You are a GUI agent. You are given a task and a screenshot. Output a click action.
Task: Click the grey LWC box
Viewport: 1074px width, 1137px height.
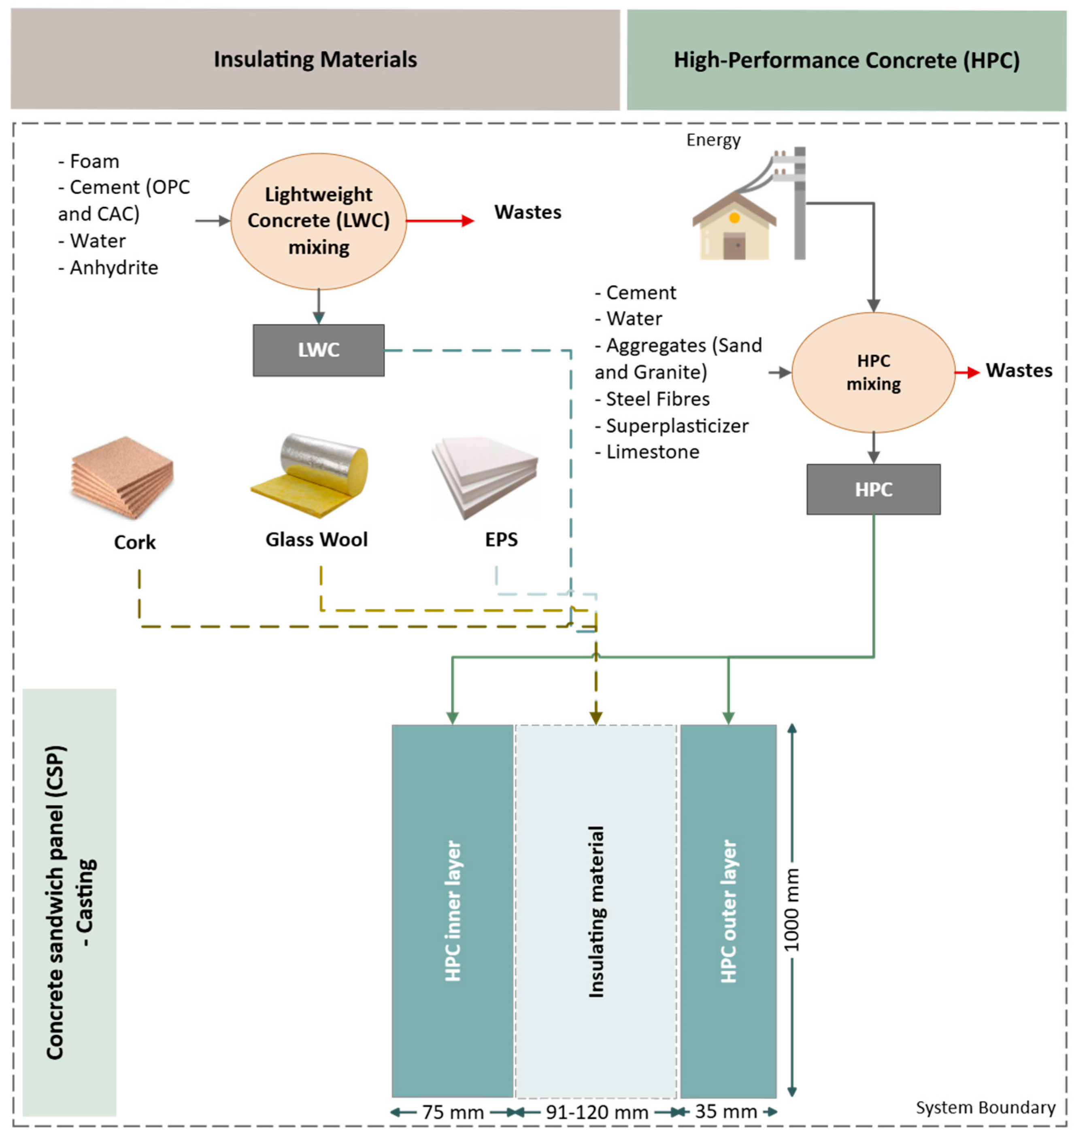(318, 350)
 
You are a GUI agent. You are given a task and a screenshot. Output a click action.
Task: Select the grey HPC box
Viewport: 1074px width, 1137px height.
(873, 489)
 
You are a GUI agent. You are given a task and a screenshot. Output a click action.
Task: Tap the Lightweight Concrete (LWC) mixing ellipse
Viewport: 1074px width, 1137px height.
(318, 221)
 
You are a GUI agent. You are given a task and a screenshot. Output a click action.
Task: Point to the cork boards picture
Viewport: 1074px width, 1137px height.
(122, 478)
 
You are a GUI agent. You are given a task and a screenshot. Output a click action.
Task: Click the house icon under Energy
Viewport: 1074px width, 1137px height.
(734, 227)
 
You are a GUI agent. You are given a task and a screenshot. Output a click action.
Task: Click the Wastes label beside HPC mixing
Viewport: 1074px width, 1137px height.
(1019, 371)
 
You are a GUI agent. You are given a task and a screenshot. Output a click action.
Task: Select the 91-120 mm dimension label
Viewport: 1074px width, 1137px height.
(597, 1112)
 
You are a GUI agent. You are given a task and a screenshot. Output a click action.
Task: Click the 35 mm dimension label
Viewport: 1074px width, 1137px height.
(726, 1112)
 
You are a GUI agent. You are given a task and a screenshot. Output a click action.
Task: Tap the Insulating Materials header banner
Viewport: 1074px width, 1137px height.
(315, 59)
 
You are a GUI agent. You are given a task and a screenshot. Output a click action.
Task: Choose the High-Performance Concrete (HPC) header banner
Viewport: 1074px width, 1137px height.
(846, 60)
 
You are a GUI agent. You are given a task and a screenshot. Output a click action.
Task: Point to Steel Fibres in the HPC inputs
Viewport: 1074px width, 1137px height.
(657, 399)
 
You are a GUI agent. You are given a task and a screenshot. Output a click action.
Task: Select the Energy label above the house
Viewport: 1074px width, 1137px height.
(713, 140)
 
